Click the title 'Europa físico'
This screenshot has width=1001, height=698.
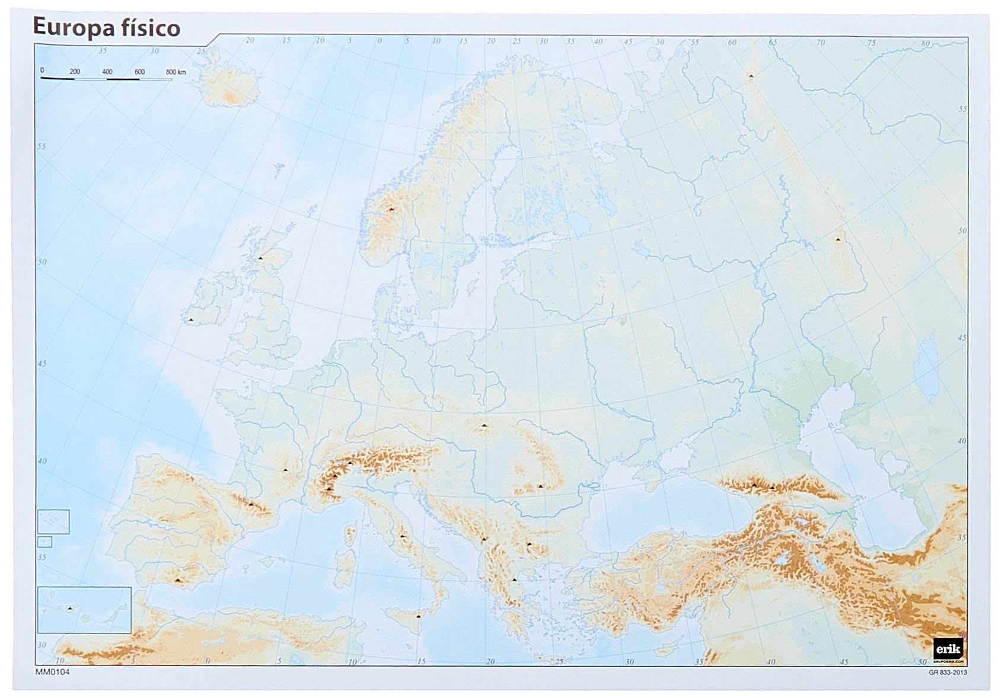click(106, 27)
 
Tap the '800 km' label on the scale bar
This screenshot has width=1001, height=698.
click(176, 72)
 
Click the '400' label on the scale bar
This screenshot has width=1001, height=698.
click(107, 72)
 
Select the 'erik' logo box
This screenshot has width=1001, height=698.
click(949, 648)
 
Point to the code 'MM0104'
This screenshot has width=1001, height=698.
click(53, 672)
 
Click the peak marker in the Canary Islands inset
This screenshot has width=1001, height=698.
click(70, 609)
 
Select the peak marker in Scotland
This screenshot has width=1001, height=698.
click(260, 258)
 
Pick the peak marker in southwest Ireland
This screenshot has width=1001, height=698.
click(191, 320)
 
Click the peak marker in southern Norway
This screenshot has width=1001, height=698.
click(391, 210)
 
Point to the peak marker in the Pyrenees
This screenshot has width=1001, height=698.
click(251, 504)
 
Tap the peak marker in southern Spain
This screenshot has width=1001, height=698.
click(177, 580)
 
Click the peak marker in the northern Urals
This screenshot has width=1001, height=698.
click(751, 76)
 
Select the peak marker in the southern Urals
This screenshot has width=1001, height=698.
click(838, 239)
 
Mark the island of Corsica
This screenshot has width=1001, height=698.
click(350, 534)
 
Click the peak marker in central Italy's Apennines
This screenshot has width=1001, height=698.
click(402, 536)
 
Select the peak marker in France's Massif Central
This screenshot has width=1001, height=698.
click(285, 470)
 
